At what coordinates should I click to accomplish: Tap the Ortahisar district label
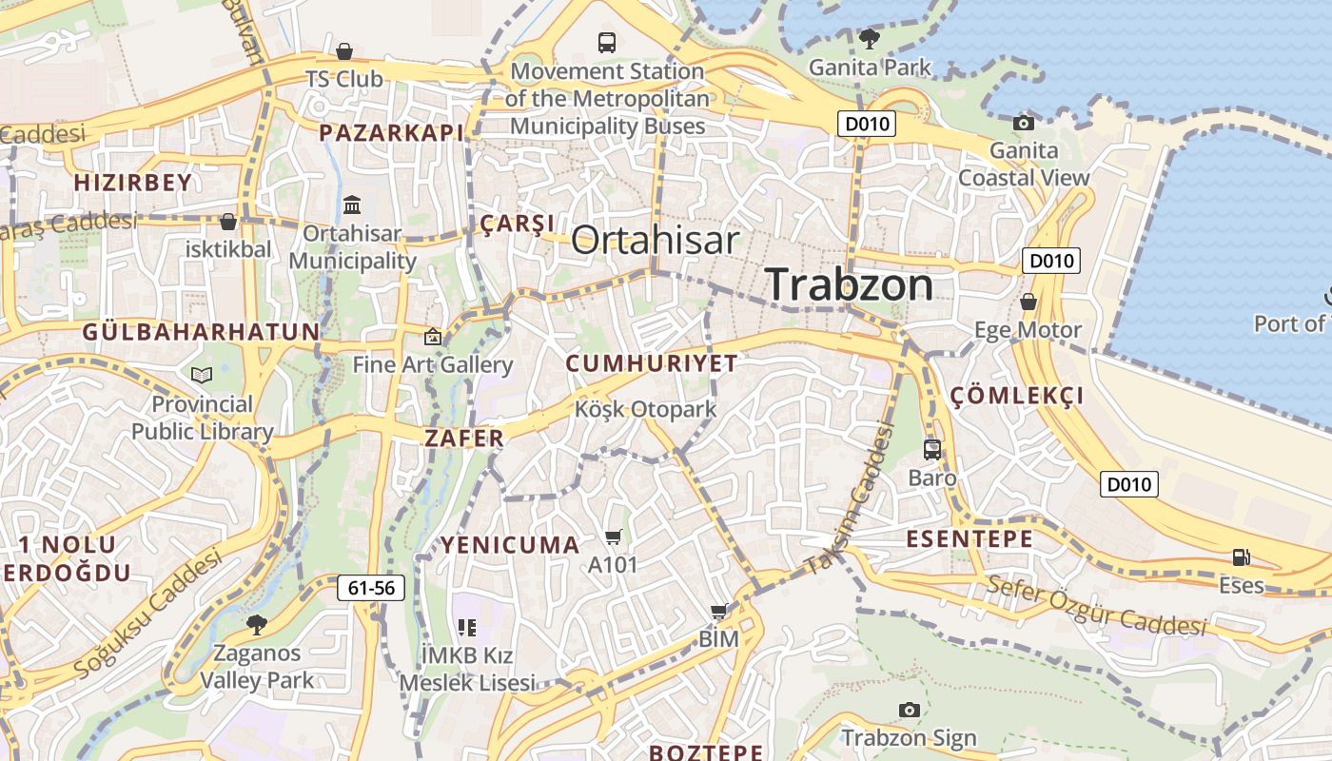pos(655,240)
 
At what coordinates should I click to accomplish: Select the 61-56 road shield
pos(371,588)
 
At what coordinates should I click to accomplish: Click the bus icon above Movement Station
pos(606,42)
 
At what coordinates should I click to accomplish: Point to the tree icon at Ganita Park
pos(869,38)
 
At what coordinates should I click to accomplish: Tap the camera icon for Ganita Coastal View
pos(1024,122)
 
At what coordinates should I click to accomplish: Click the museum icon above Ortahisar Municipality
pos(352,205)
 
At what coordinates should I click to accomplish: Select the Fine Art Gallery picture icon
pos(433,336)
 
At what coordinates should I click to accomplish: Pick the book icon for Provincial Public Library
pos(202,375)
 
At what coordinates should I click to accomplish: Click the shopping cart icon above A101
pos(613,537)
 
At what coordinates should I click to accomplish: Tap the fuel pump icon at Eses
pos(1241,557)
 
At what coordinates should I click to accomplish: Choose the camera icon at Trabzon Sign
pos(909,710)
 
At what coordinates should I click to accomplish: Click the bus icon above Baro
pos(932,449)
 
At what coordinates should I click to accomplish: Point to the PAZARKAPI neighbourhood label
pos(391,132)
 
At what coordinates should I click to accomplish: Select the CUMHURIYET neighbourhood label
pos(652,362)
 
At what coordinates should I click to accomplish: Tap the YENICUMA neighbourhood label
pos(510,545)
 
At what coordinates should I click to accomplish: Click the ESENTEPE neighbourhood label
pos(969,538)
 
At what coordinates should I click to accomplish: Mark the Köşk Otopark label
pos(645,409)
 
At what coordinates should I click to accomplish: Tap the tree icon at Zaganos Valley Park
pos(256,624)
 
